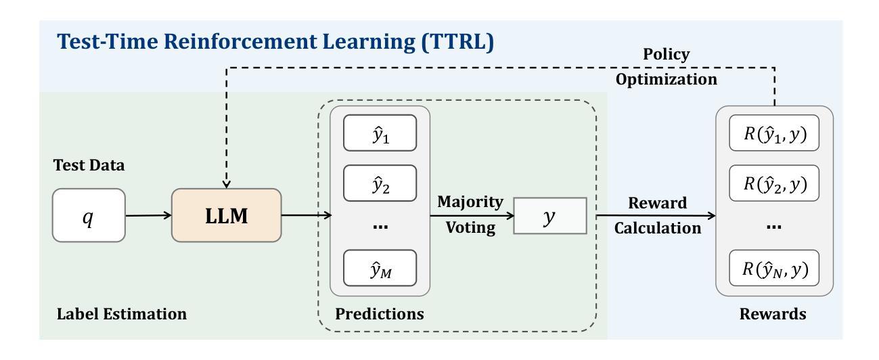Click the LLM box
(227, 215)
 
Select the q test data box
(89, 215)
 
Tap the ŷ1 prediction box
(380, 133)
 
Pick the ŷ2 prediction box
(380, 183)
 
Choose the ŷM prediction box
(380, 268)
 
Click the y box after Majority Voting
(550, 216)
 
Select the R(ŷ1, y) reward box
(774, 133)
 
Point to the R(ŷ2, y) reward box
(774, 183)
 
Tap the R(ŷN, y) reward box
(774, 268)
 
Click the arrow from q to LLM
(149, 215)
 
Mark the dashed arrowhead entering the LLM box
(227, 184)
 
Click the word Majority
(470, 202)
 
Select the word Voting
(470, 227)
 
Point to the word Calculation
(658, 228)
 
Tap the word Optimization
(667, 79)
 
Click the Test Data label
(89, 165)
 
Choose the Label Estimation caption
(122, 314)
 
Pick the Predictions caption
(380, 314)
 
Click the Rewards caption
(773, 314)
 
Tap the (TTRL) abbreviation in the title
(457, 41)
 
